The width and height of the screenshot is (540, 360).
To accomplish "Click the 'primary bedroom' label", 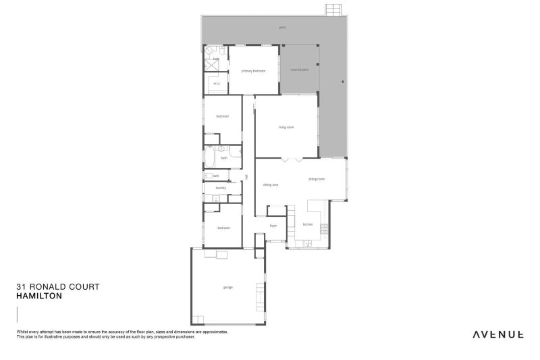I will [254, 71].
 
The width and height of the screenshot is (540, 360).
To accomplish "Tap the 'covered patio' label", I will [300, 69].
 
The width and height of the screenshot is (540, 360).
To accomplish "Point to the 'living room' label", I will [286, 127].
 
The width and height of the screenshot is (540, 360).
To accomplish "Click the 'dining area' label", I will [271, 184].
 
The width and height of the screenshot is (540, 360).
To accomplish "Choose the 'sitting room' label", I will [317, 179].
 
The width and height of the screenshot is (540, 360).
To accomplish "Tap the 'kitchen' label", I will [308, 224].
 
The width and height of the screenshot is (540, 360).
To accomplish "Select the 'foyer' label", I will [273, 226].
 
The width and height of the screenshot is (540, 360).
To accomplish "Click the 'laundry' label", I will [221, 188].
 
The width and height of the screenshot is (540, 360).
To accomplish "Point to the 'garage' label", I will [227, 287].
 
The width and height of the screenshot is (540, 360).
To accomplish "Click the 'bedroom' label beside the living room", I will [223, 116].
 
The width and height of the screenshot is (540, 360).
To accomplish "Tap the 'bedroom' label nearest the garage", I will [223, 228].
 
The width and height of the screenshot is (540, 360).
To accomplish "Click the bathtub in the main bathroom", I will [210, 159].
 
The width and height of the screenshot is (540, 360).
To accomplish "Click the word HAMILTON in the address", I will [39, 296].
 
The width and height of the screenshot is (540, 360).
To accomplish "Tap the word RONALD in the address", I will [48, 286].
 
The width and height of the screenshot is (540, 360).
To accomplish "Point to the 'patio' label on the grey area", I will [281, 28].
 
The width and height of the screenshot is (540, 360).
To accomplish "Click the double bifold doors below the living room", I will [292, 160].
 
